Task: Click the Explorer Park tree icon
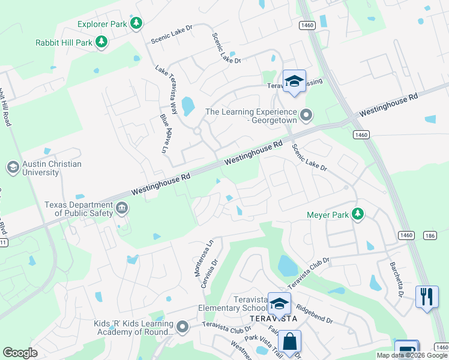tap(137, 23)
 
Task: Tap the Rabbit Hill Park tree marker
tap(102, 41)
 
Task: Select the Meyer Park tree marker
tap(358, 214)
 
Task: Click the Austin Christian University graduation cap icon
tap(12, 167)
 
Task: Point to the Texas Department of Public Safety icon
tap(122, 209)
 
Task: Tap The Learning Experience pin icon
tap(307, 114)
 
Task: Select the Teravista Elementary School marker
tap(279, 304)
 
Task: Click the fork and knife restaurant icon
tap(427, 296)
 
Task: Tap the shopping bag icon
tap(289, 342)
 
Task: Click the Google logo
tap(20, 353)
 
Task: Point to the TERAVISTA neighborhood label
tap(274, 318)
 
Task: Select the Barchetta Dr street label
tap(397, 280)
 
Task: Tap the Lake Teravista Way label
tap(166, 89)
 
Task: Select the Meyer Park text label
tap(327, 214)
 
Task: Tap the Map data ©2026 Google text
tap(412, 355)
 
